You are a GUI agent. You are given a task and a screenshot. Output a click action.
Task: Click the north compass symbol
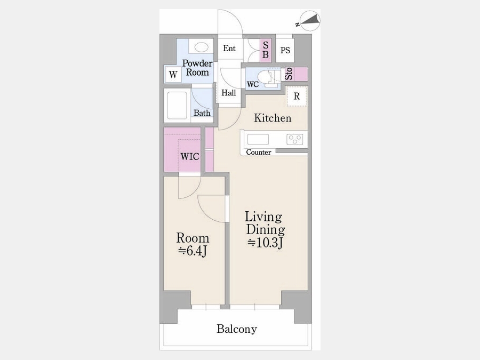click(310, 21)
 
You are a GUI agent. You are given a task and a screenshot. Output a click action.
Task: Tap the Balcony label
click(237, 329)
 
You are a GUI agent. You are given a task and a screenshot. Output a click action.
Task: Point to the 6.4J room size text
click(193, 251)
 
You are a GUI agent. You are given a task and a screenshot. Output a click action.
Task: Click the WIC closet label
click(190, 157)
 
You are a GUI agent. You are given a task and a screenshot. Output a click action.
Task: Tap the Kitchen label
click(273, 118)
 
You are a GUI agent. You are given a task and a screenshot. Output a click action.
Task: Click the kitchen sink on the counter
click(258, 140)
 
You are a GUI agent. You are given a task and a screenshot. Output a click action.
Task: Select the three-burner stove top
click(295, 140)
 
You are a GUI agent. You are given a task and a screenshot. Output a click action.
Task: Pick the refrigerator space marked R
click(297, 96)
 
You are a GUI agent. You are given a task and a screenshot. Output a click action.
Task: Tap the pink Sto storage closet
click(296, 74)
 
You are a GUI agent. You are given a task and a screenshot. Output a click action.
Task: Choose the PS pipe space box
click(285, 50)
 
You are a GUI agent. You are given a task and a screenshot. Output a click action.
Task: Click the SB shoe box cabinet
click(266, 50)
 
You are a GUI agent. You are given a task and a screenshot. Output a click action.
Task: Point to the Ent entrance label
click(229, 48)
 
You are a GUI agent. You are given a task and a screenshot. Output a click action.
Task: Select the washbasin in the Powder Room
click(201, 47)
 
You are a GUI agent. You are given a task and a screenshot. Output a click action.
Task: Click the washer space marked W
click(173, 74)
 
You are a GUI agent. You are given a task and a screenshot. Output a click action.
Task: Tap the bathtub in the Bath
click(177, 105)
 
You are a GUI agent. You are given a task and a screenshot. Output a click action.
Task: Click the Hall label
click(229, 92)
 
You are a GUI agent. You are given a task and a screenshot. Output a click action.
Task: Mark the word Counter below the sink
click(259, 152)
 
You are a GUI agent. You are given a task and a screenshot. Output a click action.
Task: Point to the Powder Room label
click(197, 68)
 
